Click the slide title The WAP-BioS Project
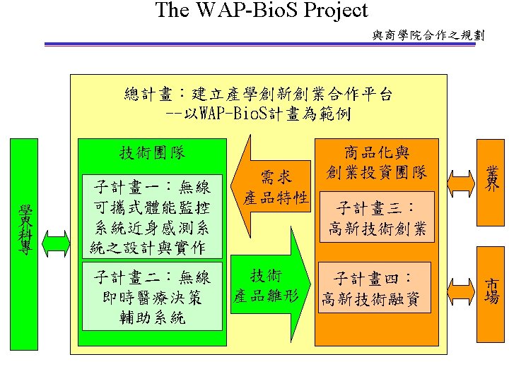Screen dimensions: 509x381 click(x=262, y=11)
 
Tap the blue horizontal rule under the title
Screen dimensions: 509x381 click(x=262, y=45)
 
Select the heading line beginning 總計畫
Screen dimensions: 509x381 click(x=258, y=94)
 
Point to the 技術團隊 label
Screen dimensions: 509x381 click(x=152, y=152)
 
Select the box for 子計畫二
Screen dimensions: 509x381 click(x=152, y=296)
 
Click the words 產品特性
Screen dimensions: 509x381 click(x=276, y=197)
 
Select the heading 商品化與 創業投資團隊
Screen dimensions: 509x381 click(x=377, y=162)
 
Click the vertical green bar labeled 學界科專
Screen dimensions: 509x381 click(x=25, y=243)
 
